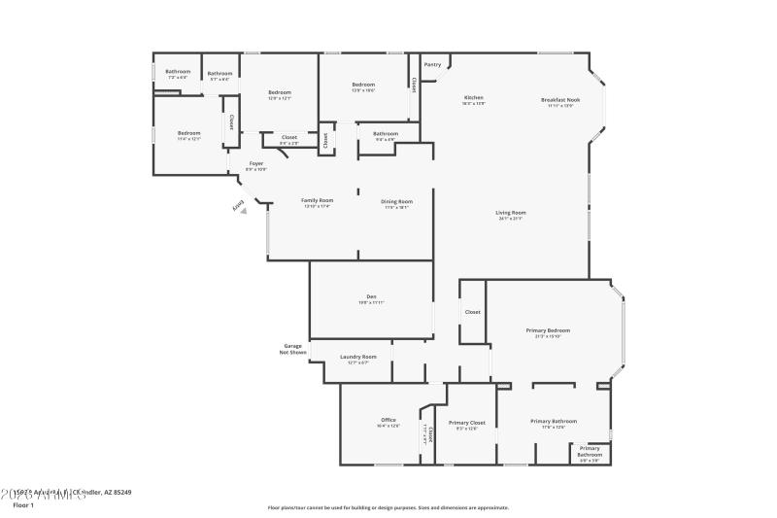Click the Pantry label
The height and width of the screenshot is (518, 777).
click(432, 65)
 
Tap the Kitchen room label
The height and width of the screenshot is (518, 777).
click(473, 98)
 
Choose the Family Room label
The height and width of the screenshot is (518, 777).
click(317, 201)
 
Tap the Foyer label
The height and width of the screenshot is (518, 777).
click(256, 164)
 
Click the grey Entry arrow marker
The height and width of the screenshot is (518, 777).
click(244, 210)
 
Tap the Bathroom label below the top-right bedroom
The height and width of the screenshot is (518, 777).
click(386, 134)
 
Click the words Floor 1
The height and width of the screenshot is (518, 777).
click(23, 505)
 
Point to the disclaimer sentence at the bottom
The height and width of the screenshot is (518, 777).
click(388, 507)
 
